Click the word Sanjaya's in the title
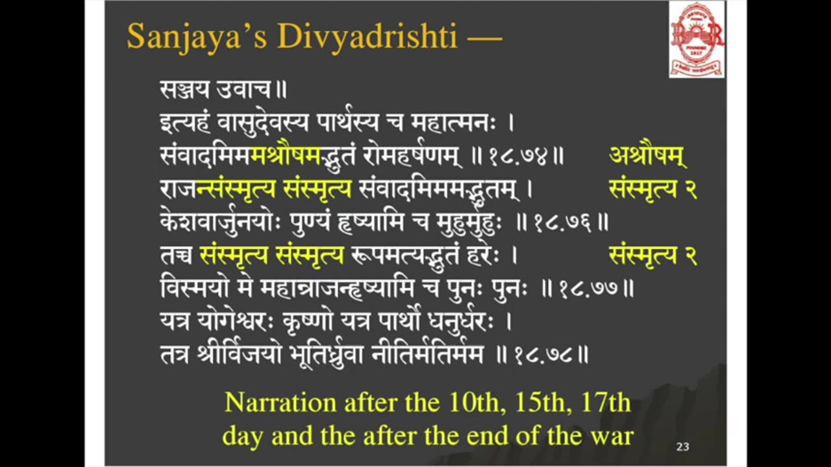coord(197,36)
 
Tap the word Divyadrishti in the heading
coord(367,36)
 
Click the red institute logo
coord(697,40)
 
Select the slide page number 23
coord(682,447)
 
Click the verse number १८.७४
coord(518,156)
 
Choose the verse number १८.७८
coord(543,355)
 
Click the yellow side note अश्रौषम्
coord(648,156)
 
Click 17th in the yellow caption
coord(606,403)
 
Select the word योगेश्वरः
coord(236,321)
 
